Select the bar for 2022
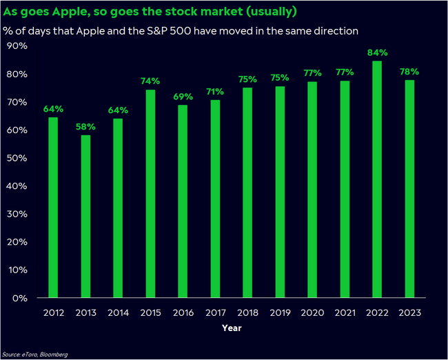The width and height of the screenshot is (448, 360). [377, 179]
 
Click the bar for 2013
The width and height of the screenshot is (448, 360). [85, 217]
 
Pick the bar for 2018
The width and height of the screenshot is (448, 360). [247, 192]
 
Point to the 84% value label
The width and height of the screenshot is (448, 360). [377, 52]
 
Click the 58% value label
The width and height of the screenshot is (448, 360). [85, 127]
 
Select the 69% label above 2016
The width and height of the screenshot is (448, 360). [183, 97]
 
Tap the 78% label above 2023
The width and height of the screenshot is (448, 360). [409, 72]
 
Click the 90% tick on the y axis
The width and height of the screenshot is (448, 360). [17, 46]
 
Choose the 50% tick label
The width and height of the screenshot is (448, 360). [17, 158]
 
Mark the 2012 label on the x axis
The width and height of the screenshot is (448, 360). [53, 312]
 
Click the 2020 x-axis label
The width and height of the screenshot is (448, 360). [312, 312]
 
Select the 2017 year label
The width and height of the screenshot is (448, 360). [215, 312]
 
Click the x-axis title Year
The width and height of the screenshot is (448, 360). [232, 328]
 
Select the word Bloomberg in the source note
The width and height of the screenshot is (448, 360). [54, 354]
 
